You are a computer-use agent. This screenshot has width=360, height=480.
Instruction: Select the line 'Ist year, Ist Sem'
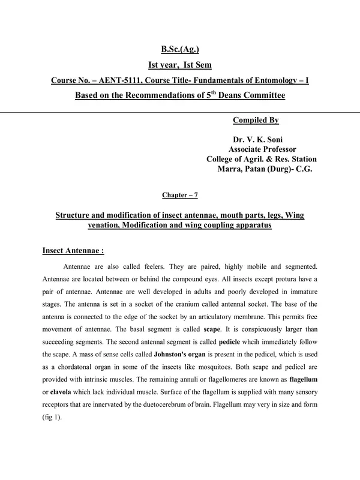[179, 65]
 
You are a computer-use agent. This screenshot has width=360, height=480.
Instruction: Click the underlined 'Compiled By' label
[256, 121]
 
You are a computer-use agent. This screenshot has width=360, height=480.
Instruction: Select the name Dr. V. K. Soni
[262, 140]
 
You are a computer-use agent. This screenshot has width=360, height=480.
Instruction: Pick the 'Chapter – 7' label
[179, 195]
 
